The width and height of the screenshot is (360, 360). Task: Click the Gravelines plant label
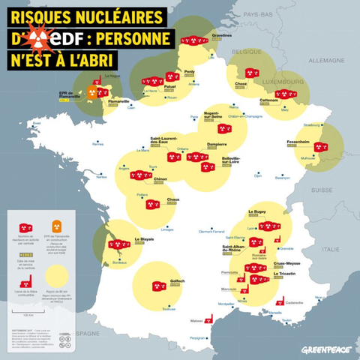pos(222,34)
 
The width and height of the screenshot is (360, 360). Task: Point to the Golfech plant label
pos(177,279)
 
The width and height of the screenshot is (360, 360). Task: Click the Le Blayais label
pos(144,239)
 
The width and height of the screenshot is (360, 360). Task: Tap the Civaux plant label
pos(173,199)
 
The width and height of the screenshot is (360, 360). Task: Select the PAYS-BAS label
pos(257,14)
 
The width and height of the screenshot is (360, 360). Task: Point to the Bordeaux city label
pos(116,262)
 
